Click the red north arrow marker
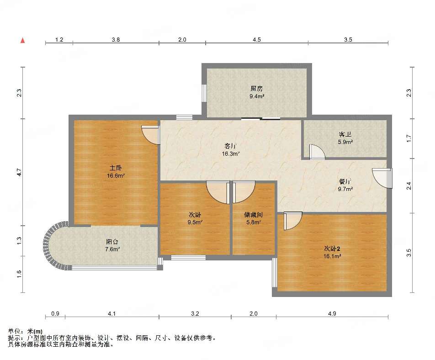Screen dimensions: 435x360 coord(23,41)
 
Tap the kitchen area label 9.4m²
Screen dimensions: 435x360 coord(257,96)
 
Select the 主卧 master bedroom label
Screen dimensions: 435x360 coord(116,168)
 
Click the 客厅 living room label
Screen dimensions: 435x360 coord(230,146)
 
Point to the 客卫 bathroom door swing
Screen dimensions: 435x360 coord(317,152)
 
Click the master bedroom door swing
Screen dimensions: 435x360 coord(151,135)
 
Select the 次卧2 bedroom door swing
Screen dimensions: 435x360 coord(293,221)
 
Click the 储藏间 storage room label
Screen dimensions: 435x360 coord(253,215)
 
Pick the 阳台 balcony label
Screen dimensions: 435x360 coord(112,242)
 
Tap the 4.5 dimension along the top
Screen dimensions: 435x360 coord(257,40)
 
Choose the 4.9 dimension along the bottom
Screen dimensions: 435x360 coord(332,314)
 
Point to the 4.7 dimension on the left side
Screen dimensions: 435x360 coord(19,173)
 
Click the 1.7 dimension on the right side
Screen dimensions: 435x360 coord(408,138)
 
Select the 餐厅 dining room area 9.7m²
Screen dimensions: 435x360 coord(345,189)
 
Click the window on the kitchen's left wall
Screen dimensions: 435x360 coord(204,93)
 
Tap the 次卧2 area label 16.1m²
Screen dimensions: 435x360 coord(332,256)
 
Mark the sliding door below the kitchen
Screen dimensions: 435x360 coord(261,119)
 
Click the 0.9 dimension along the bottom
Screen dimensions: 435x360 coord(55,314)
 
